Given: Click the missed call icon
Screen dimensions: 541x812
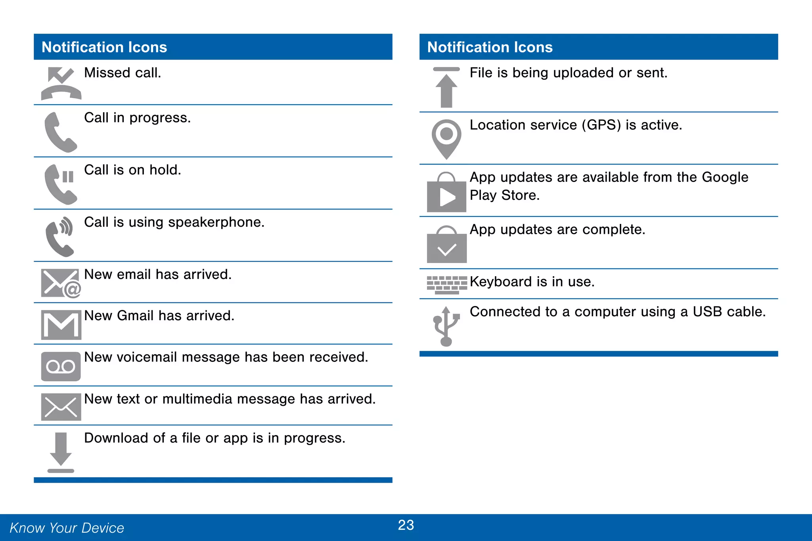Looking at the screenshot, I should pos(61,83).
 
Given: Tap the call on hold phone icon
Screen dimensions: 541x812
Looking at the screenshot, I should pos(60,184).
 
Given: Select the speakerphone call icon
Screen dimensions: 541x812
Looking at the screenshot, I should pos(60,237).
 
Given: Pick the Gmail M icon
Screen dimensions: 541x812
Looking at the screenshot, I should pos(61,325).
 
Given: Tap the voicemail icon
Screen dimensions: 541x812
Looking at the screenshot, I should pos(61,367).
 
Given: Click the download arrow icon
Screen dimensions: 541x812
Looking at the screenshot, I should pos(61,452).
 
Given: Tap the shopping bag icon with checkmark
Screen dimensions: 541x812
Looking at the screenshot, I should pos(446,245).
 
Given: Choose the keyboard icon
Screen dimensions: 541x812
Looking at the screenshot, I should pos(447,285).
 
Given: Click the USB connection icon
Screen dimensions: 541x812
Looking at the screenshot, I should pos(446,326).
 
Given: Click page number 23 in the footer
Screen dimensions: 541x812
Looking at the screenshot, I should pos(406,525).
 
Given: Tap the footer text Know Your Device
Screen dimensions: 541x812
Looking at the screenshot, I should pos(67,528).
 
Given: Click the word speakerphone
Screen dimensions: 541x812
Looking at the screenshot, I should pos(216,223).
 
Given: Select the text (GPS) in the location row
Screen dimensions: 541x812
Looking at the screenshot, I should pos(601,125).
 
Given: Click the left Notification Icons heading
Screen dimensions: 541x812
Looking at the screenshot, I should pos(104,47).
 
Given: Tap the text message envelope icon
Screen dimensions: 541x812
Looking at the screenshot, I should pos(61,407).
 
